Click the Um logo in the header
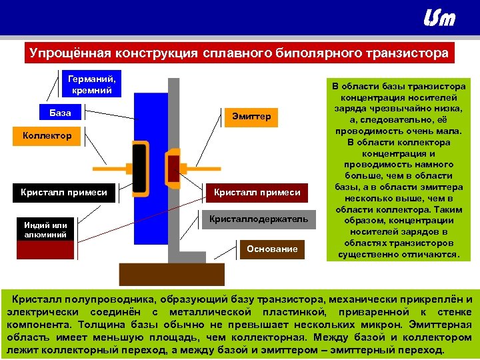coord(439,18)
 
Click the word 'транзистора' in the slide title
coord(407,53)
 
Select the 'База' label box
coord(60,113)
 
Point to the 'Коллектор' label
coord(47,136)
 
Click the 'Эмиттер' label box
coord(251,116)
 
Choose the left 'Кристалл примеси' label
coord(63,192)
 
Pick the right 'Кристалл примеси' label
coord(257,192)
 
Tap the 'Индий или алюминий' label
coord(46,230)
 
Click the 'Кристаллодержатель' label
coord(259,219)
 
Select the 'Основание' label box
coord(272,249)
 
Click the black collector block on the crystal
coord(139,167)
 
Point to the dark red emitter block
coord(173,167)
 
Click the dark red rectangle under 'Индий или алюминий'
coord(46,250)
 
